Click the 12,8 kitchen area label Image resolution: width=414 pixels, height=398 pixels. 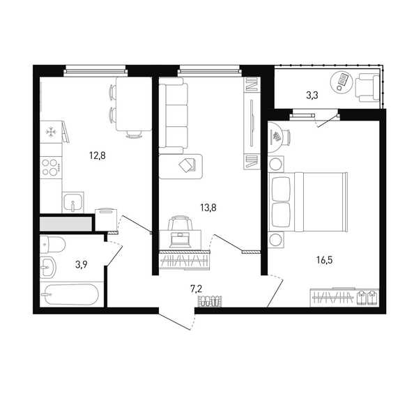[x=98, y=156]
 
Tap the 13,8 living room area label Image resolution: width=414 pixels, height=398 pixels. [x=208, y=208]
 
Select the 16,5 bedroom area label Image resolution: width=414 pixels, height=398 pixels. [x=325, y=261]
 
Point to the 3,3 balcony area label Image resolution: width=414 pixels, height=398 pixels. [x=312, y=95]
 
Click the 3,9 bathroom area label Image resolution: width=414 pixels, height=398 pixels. [x=82, y=264]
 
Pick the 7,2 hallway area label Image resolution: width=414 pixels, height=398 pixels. [x=196, y=289]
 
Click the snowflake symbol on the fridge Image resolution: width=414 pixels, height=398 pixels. [x=49, y=132]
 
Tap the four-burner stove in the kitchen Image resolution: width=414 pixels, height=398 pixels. [x=51, y=167]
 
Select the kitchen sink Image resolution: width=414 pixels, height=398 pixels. [x=73, y=202]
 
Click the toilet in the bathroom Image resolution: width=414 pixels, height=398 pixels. [x=52, y=245]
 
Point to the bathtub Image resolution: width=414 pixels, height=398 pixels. [x=70, y=294]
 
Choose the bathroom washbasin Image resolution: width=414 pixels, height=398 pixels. [x=48, y=267]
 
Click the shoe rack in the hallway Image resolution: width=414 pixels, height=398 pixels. [x=210, y=301]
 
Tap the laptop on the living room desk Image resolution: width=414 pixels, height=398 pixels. [x=180, y=240]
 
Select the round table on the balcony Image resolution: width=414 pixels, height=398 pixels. [x=342, y=82]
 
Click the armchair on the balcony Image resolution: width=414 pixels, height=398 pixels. [x=367, y=87]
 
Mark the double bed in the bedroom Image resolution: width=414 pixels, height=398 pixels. [x=308, y=202]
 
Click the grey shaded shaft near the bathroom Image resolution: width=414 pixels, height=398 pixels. [x=66, y=224]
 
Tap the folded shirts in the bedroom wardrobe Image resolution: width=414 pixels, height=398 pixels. [x=367, y=298]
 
